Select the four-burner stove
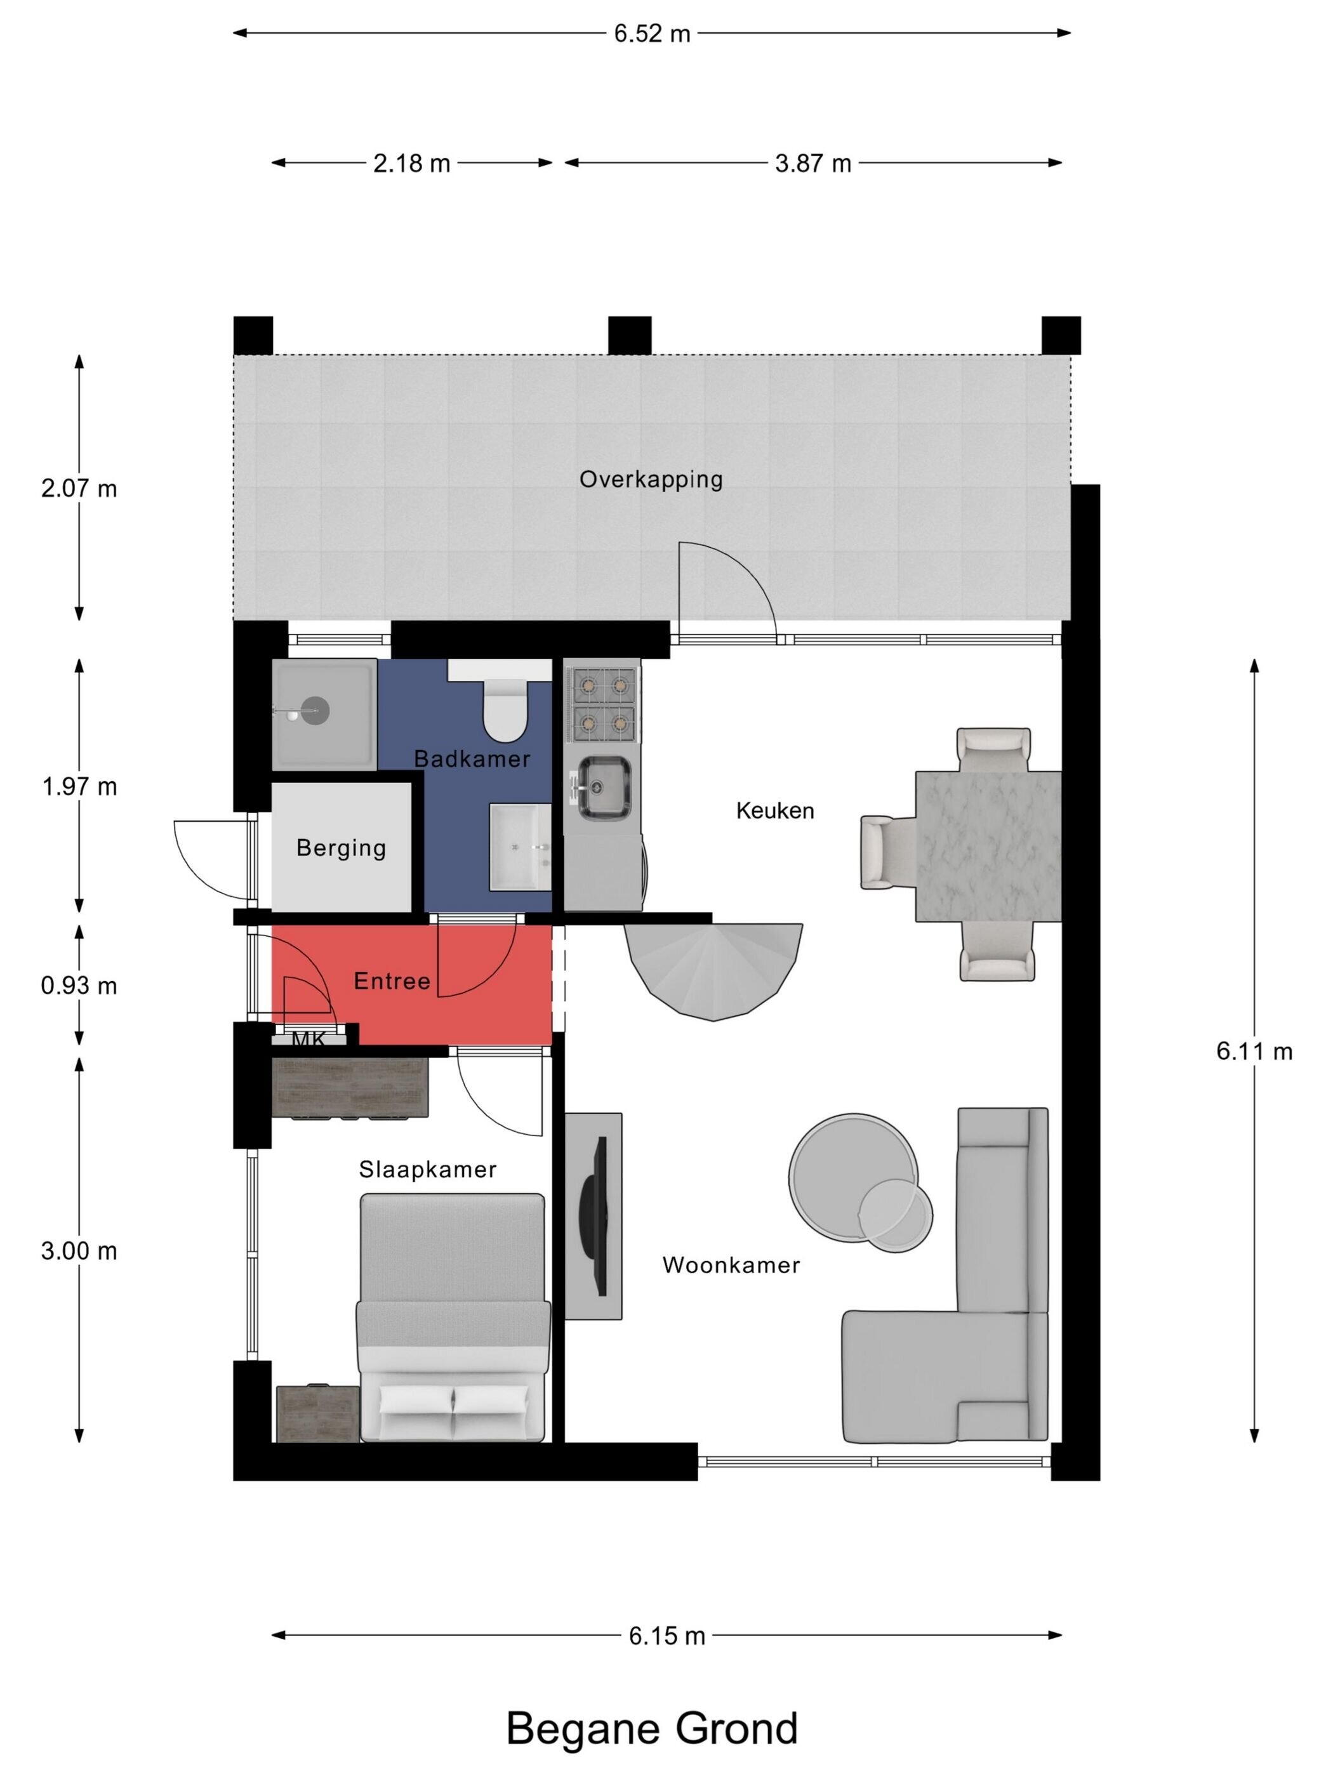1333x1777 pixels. [x=602, y=704]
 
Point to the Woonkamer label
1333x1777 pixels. [x=731, y=1265]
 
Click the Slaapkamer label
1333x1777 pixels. [x=427, y=1170]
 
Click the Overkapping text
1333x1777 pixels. [x=651, y=480]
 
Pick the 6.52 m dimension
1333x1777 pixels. [x=652, y=34]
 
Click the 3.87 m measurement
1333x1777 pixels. [x=813, y=163]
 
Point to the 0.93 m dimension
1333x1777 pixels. [x=79, y=985]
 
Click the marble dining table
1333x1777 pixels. [x=988, y=846]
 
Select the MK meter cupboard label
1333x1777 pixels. [x=309, y=1040]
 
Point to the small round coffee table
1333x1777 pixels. [x=896, y=1215]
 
